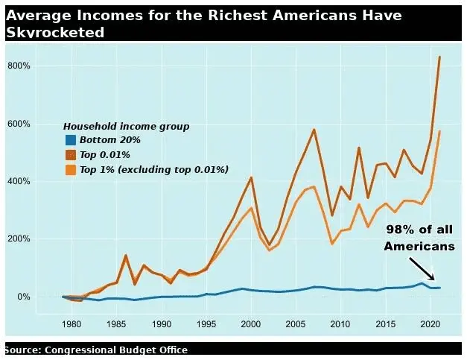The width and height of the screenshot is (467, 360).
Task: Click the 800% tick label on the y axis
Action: [19, 66]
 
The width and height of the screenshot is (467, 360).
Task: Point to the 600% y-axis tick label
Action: [19, 124]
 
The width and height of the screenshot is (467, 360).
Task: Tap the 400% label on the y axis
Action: [19, 181]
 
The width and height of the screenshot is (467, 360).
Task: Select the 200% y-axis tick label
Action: [19, 239]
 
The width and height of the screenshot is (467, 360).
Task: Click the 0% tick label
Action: [23, 297]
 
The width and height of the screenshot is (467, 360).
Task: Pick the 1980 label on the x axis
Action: [72, 324]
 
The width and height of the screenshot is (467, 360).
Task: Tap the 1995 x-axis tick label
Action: [206, 324]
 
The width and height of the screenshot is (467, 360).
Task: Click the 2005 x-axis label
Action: [296, 324]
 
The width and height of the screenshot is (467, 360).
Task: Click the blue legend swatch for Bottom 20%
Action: [71, 140]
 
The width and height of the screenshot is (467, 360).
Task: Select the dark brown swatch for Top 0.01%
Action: [71, 155]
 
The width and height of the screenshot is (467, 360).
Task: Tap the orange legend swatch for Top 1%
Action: [71, 170]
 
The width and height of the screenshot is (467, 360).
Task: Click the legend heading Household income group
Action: [126, 127]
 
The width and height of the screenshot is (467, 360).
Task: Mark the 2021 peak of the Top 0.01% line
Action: [439, 57]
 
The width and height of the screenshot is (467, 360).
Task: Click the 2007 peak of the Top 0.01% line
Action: [314, 130]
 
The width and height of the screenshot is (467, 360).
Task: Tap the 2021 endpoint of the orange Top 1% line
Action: [440, 131]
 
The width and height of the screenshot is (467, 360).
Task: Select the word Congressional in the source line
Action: [89, 350]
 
